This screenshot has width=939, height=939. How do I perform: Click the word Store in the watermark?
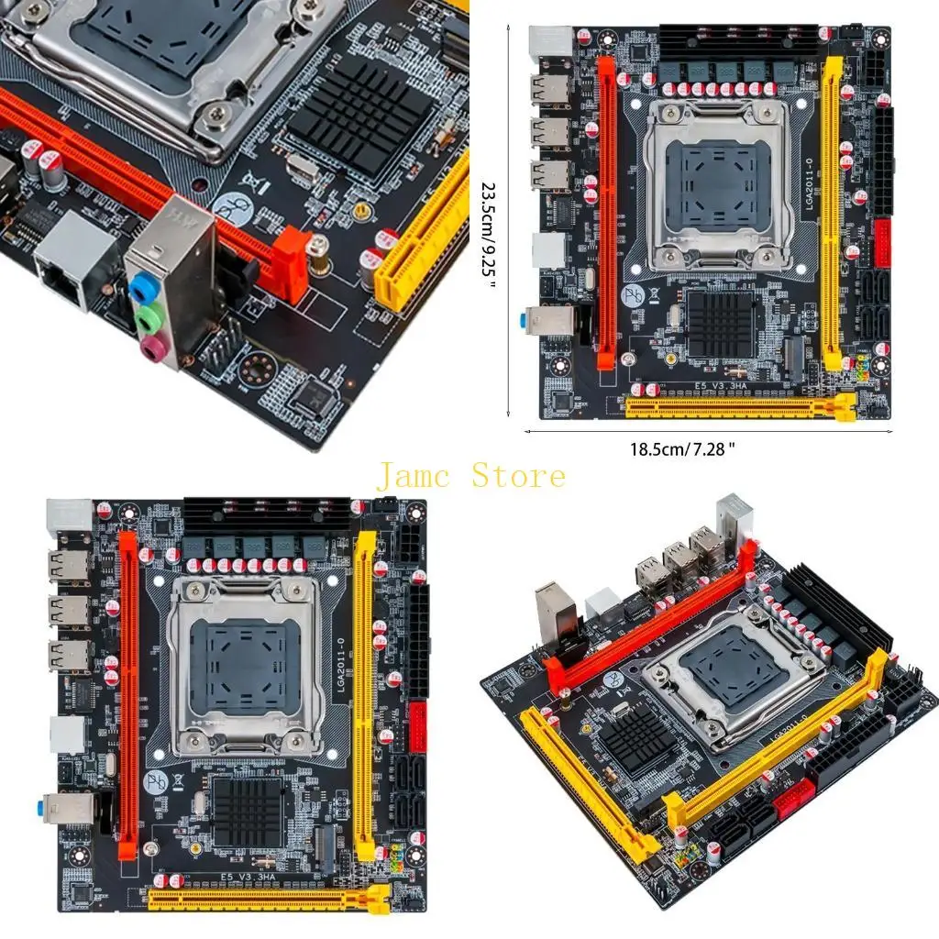[x=519, y=476]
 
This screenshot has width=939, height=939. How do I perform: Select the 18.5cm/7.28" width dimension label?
[x=708, y=448]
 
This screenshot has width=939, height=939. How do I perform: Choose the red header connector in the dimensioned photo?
[x=882, y=240]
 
